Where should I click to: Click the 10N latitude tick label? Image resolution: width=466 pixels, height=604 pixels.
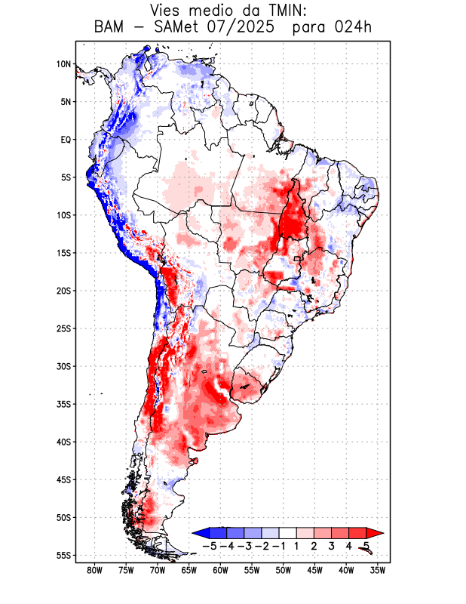(x=63, y=64)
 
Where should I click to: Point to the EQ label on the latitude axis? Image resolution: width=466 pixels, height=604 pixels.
(x=66, y=140)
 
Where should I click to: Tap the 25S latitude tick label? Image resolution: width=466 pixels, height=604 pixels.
(x=63, y=328)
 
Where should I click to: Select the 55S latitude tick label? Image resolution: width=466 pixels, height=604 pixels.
(x=63, y=555)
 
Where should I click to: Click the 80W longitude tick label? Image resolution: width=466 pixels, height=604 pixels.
(x=95, y=570)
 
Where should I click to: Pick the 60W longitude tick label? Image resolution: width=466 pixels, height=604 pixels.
(x=221, y=570)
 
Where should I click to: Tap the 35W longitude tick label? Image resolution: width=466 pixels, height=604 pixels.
(x=378, y=570)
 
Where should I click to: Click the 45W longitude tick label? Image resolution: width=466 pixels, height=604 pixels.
(x=315, y=570)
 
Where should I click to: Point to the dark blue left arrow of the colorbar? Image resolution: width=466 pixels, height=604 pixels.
(x=201, y=533)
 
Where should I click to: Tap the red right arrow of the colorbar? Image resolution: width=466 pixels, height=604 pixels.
(x=375, y=533)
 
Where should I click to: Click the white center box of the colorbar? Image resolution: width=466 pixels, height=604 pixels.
(x=287, y=533)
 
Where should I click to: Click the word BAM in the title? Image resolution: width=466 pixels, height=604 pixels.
(x=109, y=28)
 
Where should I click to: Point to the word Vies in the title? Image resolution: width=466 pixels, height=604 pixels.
(x=167, y=11)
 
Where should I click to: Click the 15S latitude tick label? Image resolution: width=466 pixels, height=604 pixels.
(x=63, y=253)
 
